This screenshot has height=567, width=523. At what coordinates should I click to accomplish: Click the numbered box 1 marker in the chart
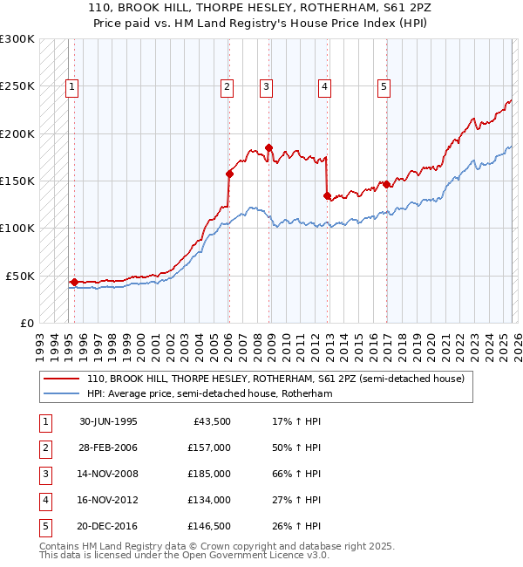(x=71, y=86)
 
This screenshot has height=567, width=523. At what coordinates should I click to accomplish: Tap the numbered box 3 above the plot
(x=266, y=86)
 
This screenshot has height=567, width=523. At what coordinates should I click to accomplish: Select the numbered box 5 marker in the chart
(x=384, y=86)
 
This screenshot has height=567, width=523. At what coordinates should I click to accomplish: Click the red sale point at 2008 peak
(x=268, y=147)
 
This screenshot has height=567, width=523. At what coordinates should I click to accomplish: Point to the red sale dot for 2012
(x=327, y=196)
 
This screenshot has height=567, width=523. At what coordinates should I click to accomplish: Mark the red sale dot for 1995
(x=74, y=282)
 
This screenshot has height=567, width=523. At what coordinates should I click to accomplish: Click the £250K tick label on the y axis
(x=17, y=86)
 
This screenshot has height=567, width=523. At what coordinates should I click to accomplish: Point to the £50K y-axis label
(x=20, y=276)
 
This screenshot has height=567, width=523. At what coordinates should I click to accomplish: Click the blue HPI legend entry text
(x=210, y=394)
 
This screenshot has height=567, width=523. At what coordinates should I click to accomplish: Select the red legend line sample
(x=62, y=379)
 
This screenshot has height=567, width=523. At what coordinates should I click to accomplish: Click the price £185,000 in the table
(x=208, y=474)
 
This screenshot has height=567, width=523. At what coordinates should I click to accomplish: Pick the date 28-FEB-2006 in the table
(x=108, y=447)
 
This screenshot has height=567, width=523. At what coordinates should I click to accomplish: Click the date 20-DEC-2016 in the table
(x=108, y=526)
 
